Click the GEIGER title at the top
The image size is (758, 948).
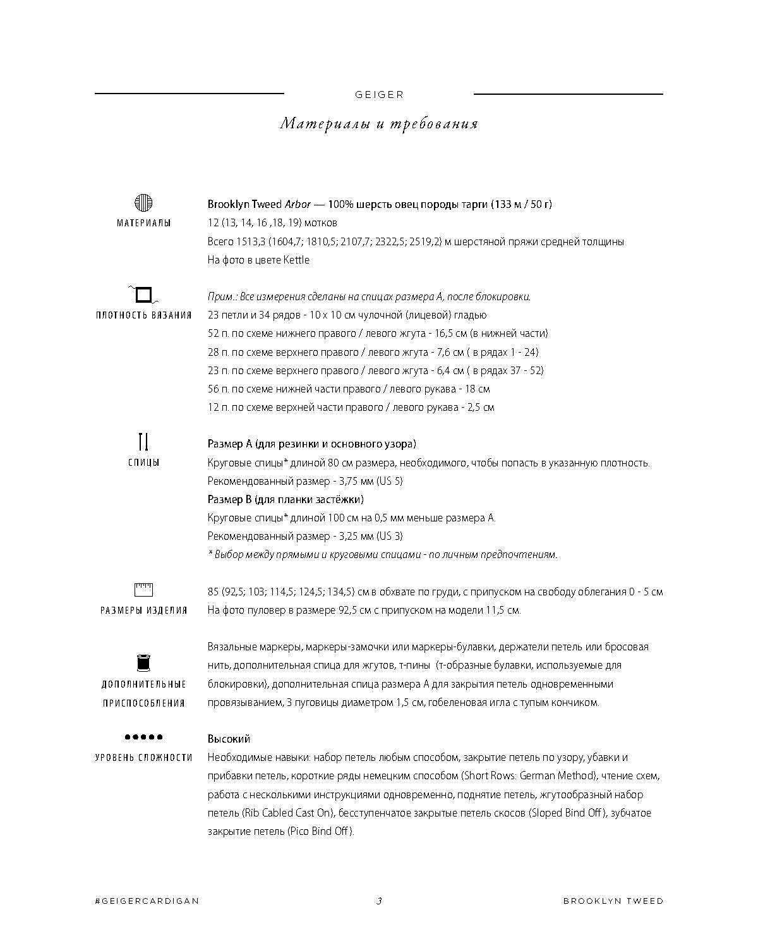pyautogui.click(x=379, y=95)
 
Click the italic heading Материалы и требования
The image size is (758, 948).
pyautogui.click(x=379, y=123)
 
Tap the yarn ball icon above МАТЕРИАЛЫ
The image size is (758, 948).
pyautogui.click(x=143, y=203)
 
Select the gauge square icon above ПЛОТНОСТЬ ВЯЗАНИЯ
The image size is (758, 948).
pyautogui.click(x=143, y=295)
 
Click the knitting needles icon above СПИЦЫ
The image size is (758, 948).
pyautogui.click(x=143, y=441)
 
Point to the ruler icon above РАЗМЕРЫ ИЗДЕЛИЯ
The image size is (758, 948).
pyautogui.click(x=143, y=590)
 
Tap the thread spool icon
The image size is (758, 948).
pyautogui.click(x=143, y=663)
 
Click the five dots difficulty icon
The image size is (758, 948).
pyautogui.click(x=143, y=737)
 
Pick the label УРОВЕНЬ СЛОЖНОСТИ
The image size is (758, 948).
pyautogui.click(x=143, y=757)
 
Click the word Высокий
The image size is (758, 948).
pyautogui.click(x=229, y=739)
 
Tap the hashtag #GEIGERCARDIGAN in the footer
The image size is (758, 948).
pyautogui.click(x=147, y=901)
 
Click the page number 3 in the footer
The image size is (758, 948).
pyautogui.click(x=379, y=901)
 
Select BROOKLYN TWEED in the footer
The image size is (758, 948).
pyautogui.click(x=613, y=901)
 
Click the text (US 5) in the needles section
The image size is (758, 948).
pyautogui.click(x=389, y=481)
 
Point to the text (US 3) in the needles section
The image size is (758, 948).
pyautogui.click(x=389, y=537)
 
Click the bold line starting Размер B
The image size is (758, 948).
pyautogui.click(x=286, y=499)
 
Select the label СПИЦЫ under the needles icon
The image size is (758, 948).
pyautogui.click(x=143, y=463)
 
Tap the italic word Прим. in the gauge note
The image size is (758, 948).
pyautogui.click(x=220, y=297)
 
